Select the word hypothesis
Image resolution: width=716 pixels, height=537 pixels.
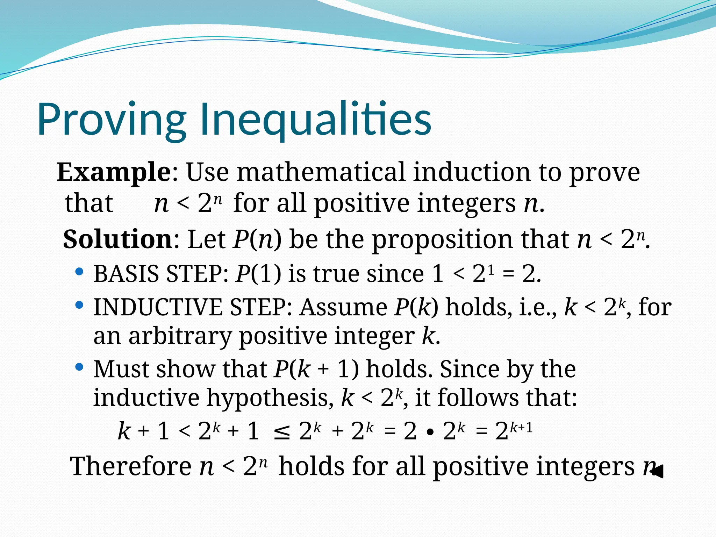click(267, 398)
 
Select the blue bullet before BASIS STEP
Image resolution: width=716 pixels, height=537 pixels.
click(79, 272)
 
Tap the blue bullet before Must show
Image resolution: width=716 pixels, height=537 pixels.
click(79, 367)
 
